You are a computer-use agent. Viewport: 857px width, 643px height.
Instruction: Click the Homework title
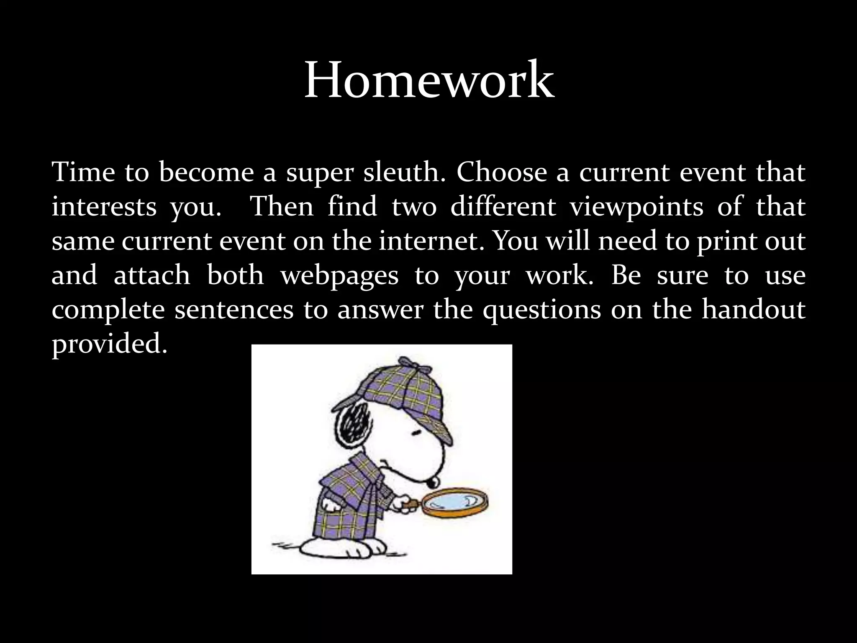tap(429, 80)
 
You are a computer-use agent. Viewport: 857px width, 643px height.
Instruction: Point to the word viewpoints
tap(637, 207)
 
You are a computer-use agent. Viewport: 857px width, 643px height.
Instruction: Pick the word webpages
tap(339, 276)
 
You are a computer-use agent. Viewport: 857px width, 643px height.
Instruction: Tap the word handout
tap(753, 310)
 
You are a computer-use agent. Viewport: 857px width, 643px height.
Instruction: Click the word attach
tap(152, 275)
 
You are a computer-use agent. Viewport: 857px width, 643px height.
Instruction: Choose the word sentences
tap(234, 311)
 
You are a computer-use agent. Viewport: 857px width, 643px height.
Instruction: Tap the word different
tap(503, 207)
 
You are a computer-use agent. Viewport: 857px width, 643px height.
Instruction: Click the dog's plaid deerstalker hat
tap(402, 398)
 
